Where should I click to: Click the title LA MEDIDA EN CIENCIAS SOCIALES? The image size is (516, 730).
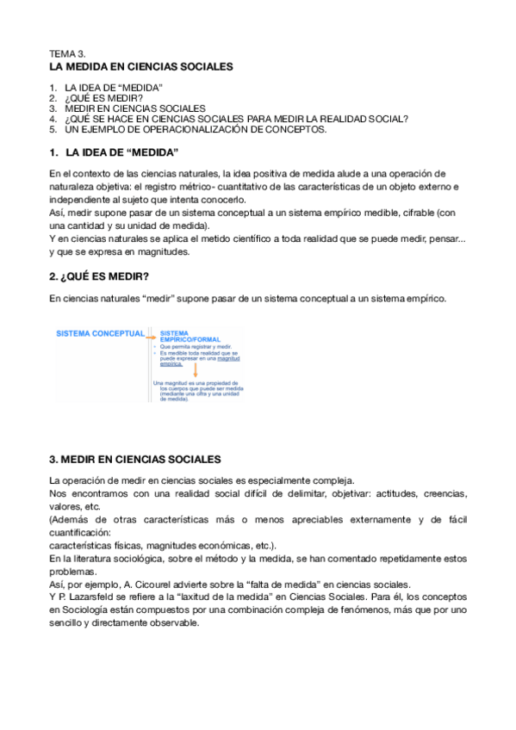pos(141,66)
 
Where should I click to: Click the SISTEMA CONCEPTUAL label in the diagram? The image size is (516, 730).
pos(101,334)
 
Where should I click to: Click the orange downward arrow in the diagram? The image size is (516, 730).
pos(196,371)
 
